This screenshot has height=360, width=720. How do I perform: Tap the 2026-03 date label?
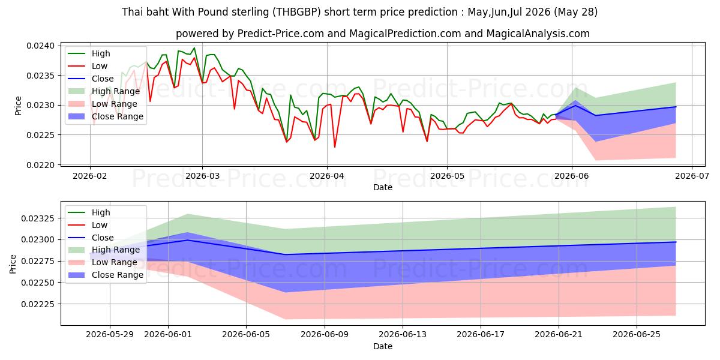[x=203, y=176]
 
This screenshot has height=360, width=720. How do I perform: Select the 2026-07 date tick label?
[x=692, y=176]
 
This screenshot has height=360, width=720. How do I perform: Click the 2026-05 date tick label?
[x=447, y=176]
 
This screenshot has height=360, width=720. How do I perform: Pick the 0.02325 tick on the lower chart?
[x=38, y=218]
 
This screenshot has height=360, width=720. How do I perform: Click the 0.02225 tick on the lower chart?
[x=38, y=304]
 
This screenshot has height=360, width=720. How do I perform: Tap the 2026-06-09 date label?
[x=325, y=335]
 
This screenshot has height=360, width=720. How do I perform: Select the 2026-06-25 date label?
[x=637, y=335]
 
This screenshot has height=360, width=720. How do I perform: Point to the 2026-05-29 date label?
[x=110, y=335]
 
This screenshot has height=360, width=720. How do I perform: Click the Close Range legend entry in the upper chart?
[x=106, y=116]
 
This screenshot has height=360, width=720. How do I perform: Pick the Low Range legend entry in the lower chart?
[x=103, y=262]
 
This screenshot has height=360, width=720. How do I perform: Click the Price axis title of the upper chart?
[x=19, y=106]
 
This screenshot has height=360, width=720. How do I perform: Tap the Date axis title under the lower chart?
[x=383, y=347]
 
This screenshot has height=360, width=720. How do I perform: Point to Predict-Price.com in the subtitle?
[x=281, y=34]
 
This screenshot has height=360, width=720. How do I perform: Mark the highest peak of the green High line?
[x=194, y=48]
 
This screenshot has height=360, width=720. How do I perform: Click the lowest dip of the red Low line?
[x=335, y=147]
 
